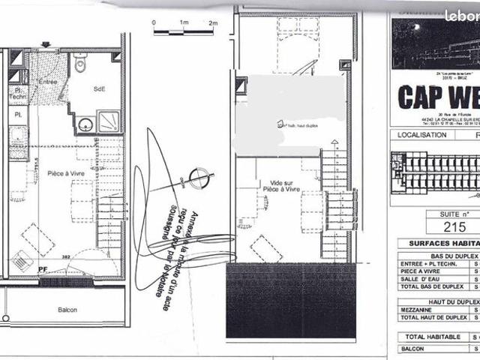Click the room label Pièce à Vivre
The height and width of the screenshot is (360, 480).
pyautogui.click(x=64, y=173)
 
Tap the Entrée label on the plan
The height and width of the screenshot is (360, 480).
pyautogui.click(x=48, y=82)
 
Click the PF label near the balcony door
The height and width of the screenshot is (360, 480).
pyautogui.click(x=43, y=266)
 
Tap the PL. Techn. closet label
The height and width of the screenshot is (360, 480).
pyautogui.click(x=18, y=93)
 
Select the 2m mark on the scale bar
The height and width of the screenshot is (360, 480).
pyautogui.click(x=213, y=23)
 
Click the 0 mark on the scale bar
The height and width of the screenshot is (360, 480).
pyautogui.click(x=153, y=23)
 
